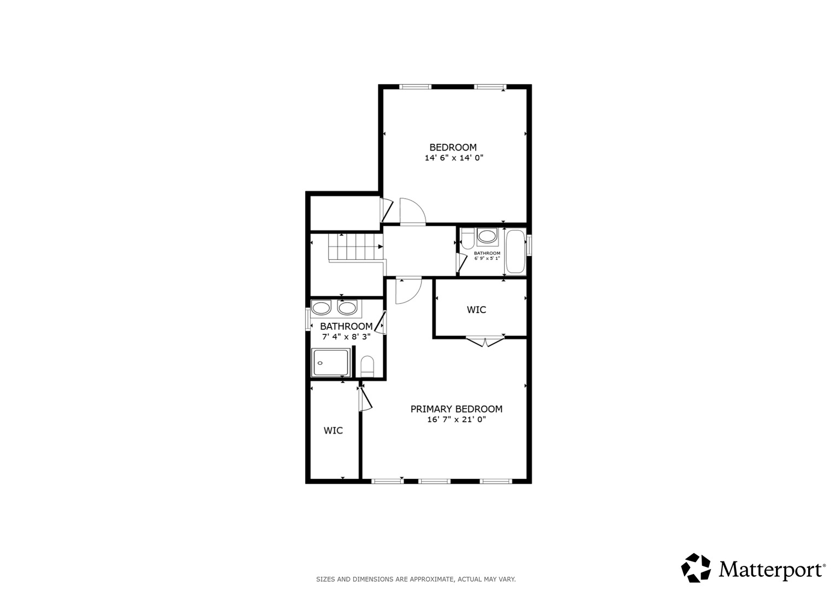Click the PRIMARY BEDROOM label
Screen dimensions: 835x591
point(456,409)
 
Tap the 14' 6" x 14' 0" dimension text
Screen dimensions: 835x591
point(454,158)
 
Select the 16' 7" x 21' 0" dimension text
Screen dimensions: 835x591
point(456,419)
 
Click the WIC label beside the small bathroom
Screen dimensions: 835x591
point(476,310)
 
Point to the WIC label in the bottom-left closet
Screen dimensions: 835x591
point(333,431)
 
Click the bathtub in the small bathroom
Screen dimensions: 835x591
point(516,252)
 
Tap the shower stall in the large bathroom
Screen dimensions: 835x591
point(331,362)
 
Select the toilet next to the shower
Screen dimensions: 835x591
point(367,366)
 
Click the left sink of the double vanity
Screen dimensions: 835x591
point(321,308)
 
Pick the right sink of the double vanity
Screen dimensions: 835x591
point(347,308)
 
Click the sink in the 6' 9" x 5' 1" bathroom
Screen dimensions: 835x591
point(487,236)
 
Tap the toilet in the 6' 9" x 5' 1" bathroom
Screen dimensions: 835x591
point(468,239)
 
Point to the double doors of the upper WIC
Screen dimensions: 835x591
point(485,342)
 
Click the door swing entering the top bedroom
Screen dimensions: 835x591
point(413,211)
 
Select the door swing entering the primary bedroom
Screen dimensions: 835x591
point(408,291)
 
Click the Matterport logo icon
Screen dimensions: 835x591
point(696,569)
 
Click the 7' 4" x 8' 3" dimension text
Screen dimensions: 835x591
point(346,337)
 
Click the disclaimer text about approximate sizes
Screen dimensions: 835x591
point(416,580)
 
